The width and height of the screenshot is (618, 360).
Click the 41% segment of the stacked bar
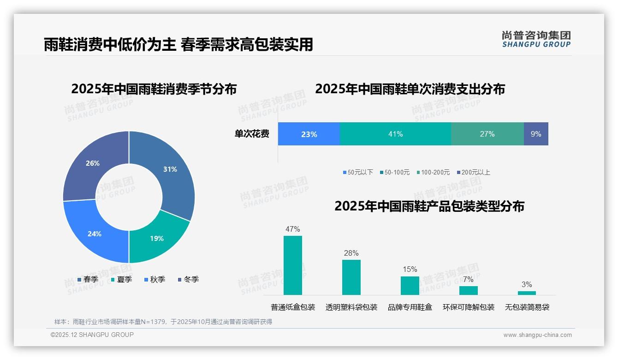click(x=395, y=134)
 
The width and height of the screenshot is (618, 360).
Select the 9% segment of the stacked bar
click(x=536, y=134)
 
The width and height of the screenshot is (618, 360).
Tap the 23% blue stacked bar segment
click(x=309, y=134)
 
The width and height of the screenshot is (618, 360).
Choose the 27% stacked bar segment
click(x=487, y=134)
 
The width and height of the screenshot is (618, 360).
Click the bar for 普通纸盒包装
click(x=292, y=265)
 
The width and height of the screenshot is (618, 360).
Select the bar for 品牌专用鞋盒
click(x=410, y=285)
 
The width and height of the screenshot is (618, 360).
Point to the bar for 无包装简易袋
click(x=527, y=293)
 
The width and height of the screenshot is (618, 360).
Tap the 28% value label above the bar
click(x=351, y=253)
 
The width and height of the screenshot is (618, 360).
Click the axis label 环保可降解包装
click(x=469, y=307)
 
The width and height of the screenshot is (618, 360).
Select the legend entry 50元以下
click(x=358, y=172)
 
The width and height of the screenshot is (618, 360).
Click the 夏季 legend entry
click(x=121, y=279)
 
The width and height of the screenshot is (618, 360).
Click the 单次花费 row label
click(x=252, y=134)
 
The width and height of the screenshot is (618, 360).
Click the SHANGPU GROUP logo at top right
click(x=536, y=39)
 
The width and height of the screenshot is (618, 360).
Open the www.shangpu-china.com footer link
click(x=537, y=335)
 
